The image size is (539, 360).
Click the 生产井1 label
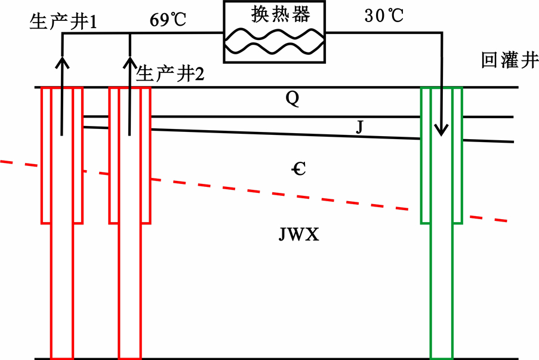[x=64, y=21]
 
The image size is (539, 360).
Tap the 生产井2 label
[x=170, y=74]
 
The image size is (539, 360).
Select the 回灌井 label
[x=510, y=60]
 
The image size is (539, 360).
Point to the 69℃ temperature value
[x=168, y=20]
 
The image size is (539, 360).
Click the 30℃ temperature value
[x=384, y=16]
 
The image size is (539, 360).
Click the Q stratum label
[x=292, y=99]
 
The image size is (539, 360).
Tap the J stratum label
[x=359, y=127]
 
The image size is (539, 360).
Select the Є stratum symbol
[x=298, y=169]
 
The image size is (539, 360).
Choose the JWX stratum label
[x=298, y=235]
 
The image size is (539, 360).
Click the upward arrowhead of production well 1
[x=62, y=62]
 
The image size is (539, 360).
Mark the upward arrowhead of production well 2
[x=130, y=62]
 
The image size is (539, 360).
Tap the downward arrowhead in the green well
[x=441, y=130]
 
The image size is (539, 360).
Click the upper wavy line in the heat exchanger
[x=275, y=35]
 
